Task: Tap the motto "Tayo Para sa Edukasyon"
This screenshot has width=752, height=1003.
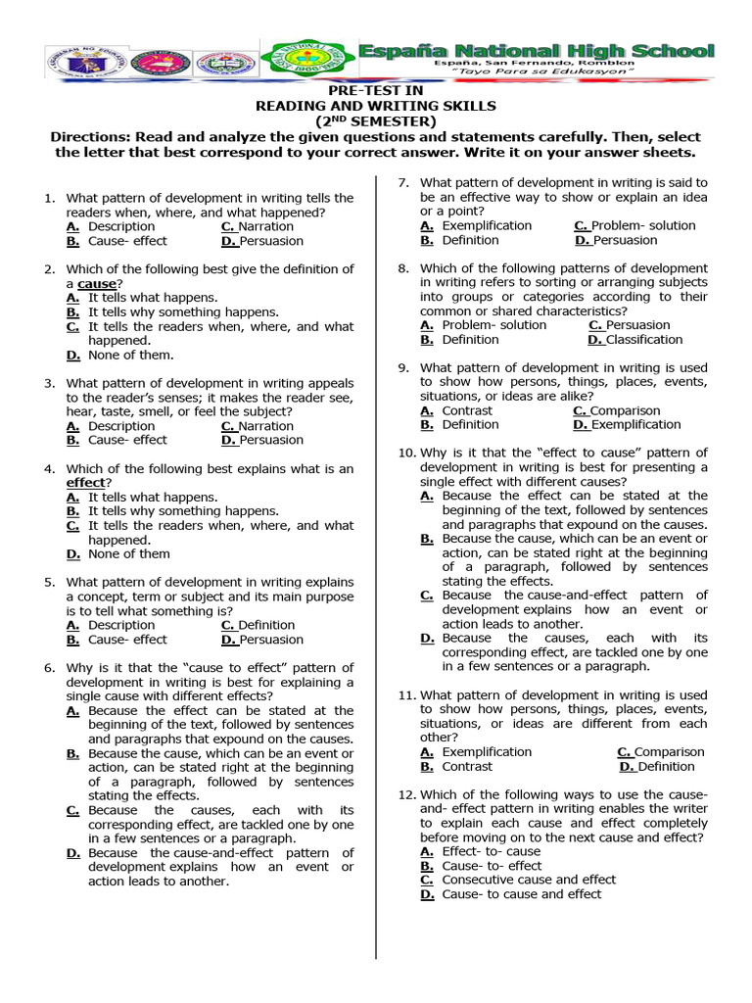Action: tap(550, 73)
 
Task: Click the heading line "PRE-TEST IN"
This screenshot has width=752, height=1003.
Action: tap(375, 90)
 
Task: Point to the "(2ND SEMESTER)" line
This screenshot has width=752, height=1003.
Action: tap(375, 120)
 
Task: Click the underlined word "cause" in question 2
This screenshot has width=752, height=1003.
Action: tap(96, 283)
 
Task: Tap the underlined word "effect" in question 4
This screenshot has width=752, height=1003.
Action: tap(85, 483)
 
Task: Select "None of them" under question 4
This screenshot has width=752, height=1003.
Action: tap(128, 553)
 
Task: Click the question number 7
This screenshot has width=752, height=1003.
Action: tap(401, 182)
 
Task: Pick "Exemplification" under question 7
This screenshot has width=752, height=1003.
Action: tap(487, 225)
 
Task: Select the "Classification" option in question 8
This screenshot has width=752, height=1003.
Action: tap(644, 340)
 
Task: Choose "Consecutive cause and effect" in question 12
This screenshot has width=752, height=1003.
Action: tap(529, 880)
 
